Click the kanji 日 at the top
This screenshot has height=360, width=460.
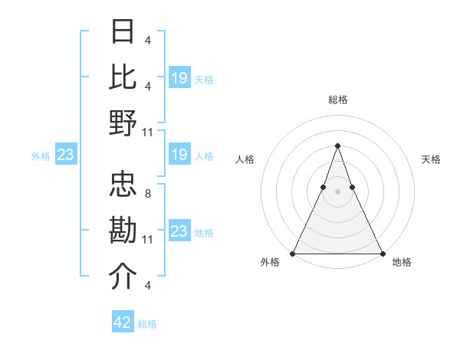coord(123,33)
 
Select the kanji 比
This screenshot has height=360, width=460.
coord(123,77)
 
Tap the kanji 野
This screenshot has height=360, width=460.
coord(123,123)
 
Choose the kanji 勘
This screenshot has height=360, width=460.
coord(123,231)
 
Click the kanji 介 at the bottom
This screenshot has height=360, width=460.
coord(123,277)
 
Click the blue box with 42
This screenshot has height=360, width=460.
coord(123,322)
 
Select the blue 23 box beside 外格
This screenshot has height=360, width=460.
coord(66,155)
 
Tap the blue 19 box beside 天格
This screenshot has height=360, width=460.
coord(179,78)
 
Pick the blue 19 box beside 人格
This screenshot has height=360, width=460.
coord(179,155)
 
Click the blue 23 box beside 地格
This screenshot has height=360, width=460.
coord(179,231)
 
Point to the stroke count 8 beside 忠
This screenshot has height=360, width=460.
coord(147,194)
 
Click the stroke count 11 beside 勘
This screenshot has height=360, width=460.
coord(148,240)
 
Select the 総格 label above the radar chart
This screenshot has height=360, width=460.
coord(337,100)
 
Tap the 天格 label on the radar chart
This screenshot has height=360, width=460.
coord(431,159)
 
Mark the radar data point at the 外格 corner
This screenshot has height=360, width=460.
coord(293,254)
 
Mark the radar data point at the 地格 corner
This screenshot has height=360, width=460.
coord(382,254)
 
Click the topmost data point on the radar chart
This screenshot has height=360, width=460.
coord(337,146)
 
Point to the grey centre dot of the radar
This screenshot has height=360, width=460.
coord(337,191)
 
